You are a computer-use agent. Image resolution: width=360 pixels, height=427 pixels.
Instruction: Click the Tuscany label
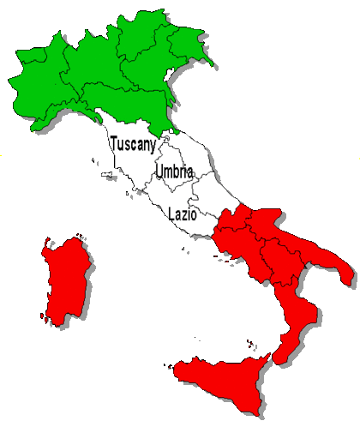[x=133, y=146]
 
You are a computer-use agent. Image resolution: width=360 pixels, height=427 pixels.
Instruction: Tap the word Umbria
[x=174, y=172]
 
